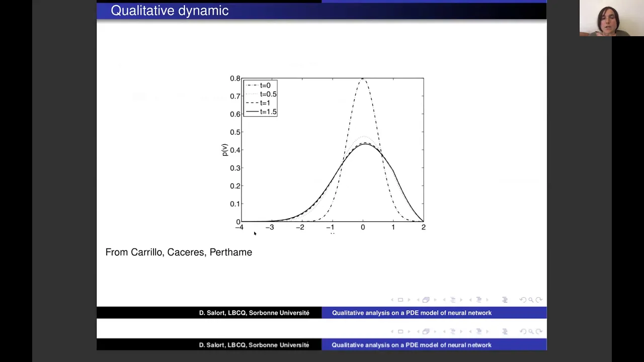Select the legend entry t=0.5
[x=261, y=94]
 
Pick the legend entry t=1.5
[x=261, y=112]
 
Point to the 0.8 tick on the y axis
[x=235, y=78]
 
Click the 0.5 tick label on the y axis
[x=235, y=132]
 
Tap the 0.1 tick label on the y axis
[x=235, y=204]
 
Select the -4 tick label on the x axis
[x=239, y=227]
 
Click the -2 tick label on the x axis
[x=300, y=227]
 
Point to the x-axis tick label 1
[x=393, y=227]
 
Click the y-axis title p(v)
[x=224, y=150]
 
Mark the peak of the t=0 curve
[x=363, y=79]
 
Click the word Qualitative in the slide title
[x=142, y=11]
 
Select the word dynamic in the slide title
[x=203, y=11]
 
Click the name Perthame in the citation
[x=231, y=252]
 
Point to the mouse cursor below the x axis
[x=255, y=233]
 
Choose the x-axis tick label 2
[x=424, y=227]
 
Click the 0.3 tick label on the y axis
[x=235, y=168]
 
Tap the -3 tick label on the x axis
[x=270, y=227]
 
